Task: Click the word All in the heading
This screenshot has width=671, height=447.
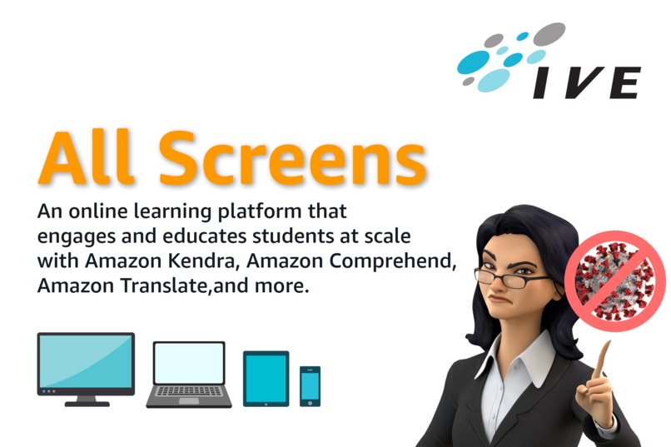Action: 90,157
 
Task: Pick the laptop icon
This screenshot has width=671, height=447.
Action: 189,373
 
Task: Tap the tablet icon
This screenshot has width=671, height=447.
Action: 266,379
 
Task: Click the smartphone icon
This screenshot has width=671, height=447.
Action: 310,386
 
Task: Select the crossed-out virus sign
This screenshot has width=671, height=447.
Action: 614,281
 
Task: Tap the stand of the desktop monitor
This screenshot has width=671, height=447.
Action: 86,400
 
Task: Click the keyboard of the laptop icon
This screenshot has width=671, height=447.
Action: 189,391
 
